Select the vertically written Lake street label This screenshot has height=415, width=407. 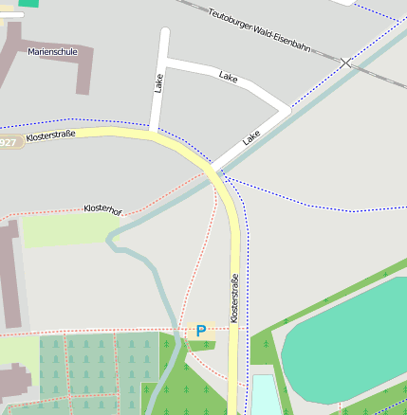point(158,83)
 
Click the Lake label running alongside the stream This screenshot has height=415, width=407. point(250,138)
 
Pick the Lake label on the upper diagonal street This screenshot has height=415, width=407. point(228,75)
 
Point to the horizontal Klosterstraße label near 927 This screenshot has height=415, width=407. point(51,137)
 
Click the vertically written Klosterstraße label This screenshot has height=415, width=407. point(234,297)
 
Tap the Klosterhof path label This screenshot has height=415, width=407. point(102,208)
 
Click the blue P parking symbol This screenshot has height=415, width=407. point(200,331)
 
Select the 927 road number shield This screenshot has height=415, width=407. point(8,142)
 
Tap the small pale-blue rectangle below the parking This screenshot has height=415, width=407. point(266,394)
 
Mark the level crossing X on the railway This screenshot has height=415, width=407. point(346,63)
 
